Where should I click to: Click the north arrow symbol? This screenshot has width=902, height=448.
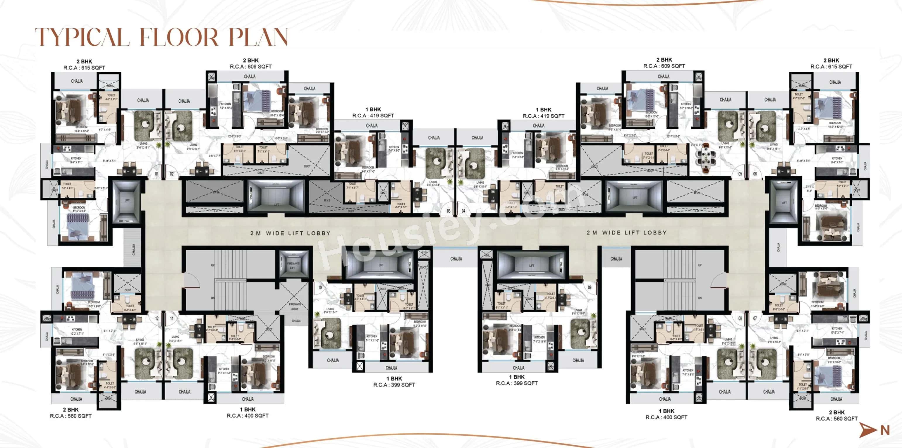click(x=868, y=430)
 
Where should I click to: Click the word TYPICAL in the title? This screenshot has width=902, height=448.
click(x=82, y=37)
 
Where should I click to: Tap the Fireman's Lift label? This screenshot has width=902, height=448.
click(x=293, y=266)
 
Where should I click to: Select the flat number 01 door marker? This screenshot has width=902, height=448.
click(x=157, y=174)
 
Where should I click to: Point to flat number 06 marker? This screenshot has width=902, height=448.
click(x=755, y=174)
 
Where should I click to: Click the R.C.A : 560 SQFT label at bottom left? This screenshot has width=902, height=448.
click(x=71, y=416)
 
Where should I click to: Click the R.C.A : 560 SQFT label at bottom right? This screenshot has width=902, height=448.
click(x=836, y=418)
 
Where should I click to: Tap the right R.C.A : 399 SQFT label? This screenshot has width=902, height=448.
click(x=516, y=383)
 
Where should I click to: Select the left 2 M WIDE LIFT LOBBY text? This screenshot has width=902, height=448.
click(x=290, y=233)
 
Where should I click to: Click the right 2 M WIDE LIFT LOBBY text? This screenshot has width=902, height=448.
click(x=626, y=233)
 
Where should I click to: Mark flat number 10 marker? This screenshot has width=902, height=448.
click(x=320, y=288)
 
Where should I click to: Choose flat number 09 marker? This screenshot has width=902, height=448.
click(x=590, y=287)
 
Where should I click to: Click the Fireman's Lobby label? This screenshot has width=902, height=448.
click(x=295, y=306)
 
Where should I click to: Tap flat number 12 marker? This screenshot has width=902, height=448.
click(x=157, y=318)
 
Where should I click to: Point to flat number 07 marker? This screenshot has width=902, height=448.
click(x=755, y=318)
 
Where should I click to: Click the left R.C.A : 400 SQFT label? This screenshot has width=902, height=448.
click(x=248, y=416)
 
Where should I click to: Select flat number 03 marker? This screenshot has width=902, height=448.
click(x=449, y=211)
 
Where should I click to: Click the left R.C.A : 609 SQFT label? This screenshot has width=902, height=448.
click(x=251, y=66)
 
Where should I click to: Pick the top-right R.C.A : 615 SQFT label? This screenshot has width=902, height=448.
click(x=831, y=66)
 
